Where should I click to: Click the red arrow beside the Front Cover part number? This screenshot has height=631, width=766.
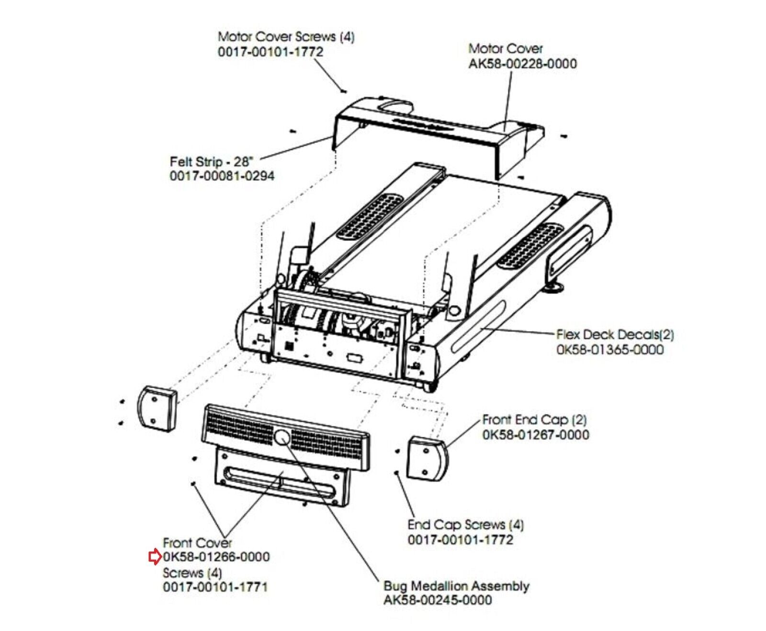(154, 557)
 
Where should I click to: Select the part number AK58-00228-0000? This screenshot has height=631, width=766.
(522, 64)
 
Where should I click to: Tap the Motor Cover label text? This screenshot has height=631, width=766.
(505, 49)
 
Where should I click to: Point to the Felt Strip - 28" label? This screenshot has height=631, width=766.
(211, 162)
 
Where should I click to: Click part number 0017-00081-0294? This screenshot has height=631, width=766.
(222, 176)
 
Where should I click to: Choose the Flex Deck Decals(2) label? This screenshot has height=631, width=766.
(615, 334)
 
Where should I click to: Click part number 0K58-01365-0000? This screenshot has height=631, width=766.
(609, 350)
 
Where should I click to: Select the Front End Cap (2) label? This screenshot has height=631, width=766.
(534, 420)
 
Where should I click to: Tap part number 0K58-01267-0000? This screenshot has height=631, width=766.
(535, 435)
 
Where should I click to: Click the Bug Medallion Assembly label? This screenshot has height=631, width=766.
(456, 586)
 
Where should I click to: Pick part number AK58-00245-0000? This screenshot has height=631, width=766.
(437, 600)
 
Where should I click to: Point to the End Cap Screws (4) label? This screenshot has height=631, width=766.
(465, 525)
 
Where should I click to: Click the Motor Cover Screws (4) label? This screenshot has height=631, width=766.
(286, 37)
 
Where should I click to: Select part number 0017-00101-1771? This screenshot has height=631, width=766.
(215, 587)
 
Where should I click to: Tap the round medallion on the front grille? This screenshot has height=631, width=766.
(282, 437)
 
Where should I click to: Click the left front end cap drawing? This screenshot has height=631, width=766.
(157, 409)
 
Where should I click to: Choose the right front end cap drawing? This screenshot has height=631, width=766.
(427, 458)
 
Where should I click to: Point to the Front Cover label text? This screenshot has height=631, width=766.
(197, 543)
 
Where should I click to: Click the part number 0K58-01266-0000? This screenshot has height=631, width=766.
(216, 557)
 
